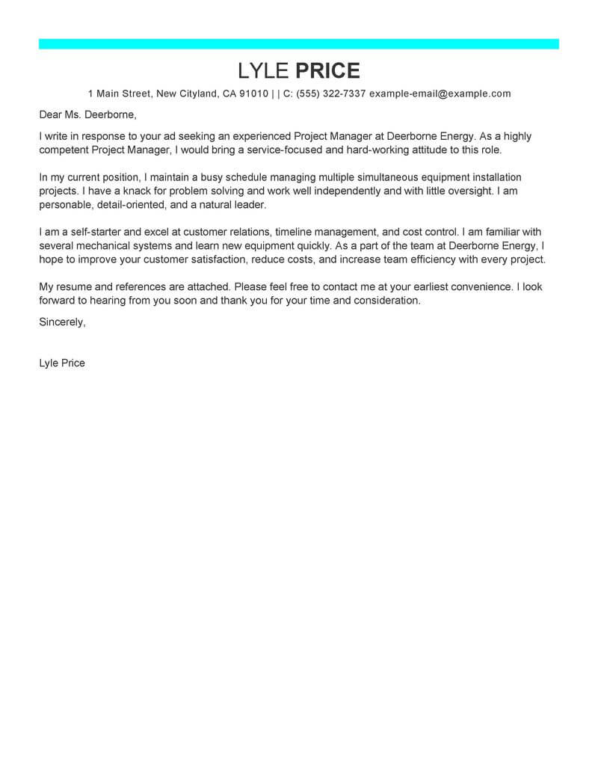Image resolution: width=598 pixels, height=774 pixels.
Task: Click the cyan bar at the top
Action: coord(299,44)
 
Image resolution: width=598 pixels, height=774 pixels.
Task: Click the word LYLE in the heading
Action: coord(263,71)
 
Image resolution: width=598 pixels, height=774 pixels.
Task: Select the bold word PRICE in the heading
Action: coord(328,71)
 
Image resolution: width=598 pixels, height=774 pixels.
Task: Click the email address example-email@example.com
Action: coord(440,94)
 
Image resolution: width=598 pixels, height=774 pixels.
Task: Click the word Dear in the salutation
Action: coord(51,116)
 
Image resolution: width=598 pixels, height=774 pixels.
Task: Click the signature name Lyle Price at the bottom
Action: coord(62,363)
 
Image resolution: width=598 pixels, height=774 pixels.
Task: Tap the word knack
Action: coord(134,191)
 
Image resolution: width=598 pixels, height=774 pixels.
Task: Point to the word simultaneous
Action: coord(410,178)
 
